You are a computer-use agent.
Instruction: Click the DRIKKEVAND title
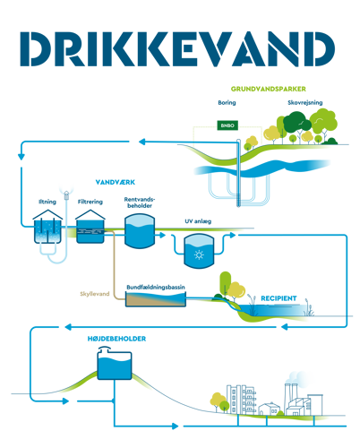[x=177, y=48]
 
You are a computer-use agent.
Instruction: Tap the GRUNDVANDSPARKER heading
[x=268, y=89]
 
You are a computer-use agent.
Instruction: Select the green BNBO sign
[x=227, y=125]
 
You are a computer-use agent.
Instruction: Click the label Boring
[x=227, y=103]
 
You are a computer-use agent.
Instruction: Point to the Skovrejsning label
[x=305, y=103]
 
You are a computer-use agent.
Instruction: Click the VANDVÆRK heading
[x=116, y=182]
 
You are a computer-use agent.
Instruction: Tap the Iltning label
[x=47, y=202]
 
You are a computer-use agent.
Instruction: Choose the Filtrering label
[x=90, y=202]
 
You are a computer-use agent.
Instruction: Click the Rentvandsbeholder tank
[x=140, y=231]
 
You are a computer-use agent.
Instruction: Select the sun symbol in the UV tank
[x=199, y=255]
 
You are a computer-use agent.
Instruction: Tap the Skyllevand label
[x=95, y=294]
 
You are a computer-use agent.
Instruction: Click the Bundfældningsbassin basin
[x=156, y=299]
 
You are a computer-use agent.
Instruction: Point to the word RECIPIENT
[x=279, y=298]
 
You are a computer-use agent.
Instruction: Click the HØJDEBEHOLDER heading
[x=116, y=339]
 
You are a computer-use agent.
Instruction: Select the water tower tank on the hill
[x=115, y=365]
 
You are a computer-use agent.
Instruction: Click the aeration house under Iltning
[x=47, y=227]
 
